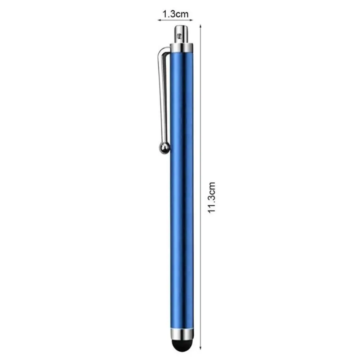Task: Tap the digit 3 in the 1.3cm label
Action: [x=171, y=14]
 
